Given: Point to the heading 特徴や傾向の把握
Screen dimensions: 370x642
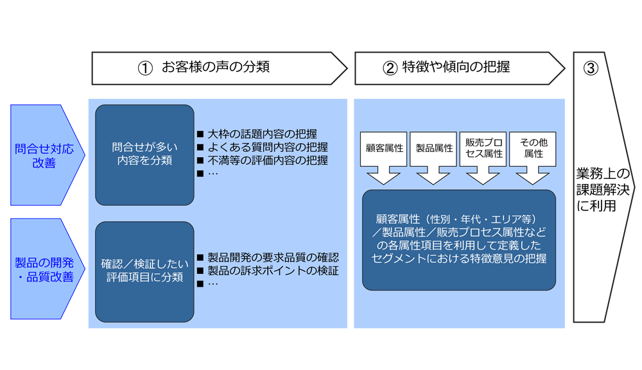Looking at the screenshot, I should (456, 67).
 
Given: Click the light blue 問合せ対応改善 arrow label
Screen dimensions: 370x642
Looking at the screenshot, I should (44, 156).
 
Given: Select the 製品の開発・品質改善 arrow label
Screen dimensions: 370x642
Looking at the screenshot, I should (44, 269).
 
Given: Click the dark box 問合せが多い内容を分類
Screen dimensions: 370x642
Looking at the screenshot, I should (144, 155).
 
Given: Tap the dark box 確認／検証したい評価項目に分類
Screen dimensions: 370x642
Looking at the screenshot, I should (144, 270).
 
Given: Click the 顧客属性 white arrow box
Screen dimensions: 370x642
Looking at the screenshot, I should (383, 149).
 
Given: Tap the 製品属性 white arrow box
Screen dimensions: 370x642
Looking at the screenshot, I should (434, 149).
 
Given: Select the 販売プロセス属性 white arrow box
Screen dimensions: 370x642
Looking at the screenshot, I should (483, 148).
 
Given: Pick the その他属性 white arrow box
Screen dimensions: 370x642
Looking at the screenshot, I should (533, 148).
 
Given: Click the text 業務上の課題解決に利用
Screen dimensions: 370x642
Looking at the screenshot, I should (603, 189).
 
